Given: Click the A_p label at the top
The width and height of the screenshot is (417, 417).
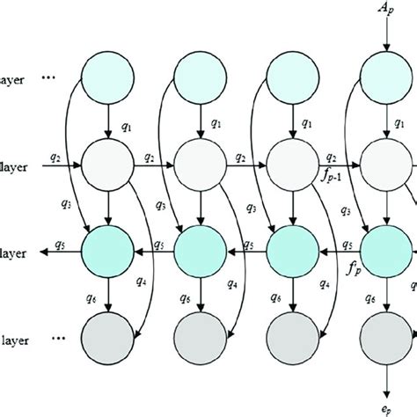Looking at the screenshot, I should point(385,11).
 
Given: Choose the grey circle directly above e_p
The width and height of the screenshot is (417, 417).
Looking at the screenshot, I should point(385,335).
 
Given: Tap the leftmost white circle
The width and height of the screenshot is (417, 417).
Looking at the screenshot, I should point(106,163).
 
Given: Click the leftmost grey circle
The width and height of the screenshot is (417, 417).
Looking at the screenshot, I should point(106,335).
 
